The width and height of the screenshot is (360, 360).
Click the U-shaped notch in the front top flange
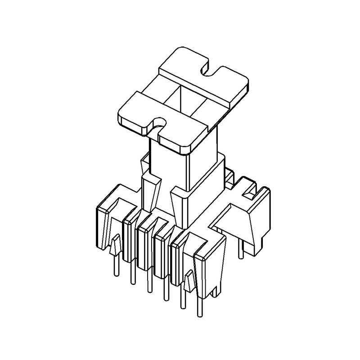pos(158,123)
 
